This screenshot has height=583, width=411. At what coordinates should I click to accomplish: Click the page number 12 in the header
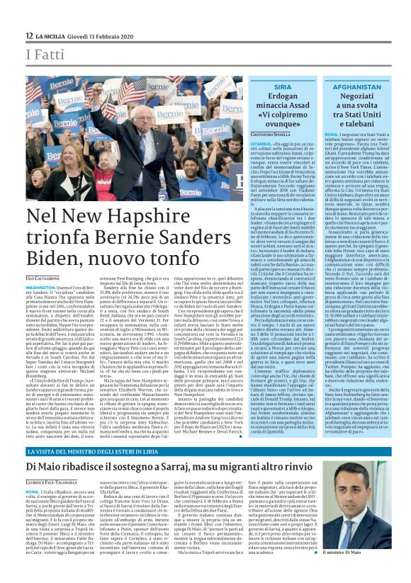click(28, 35)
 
